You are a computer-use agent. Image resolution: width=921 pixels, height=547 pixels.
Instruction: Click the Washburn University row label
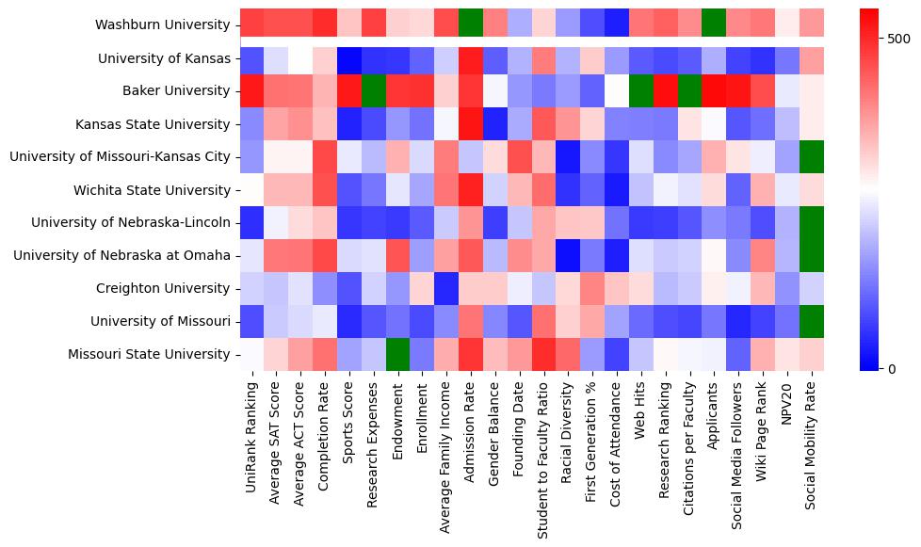tap(163, 24)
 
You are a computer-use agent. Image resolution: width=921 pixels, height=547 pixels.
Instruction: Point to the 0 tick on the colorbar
tap(892, 368)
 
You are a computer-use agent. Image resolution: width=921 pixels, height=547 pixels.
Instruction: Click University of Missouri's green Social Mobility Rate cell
tap(815, 321)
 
